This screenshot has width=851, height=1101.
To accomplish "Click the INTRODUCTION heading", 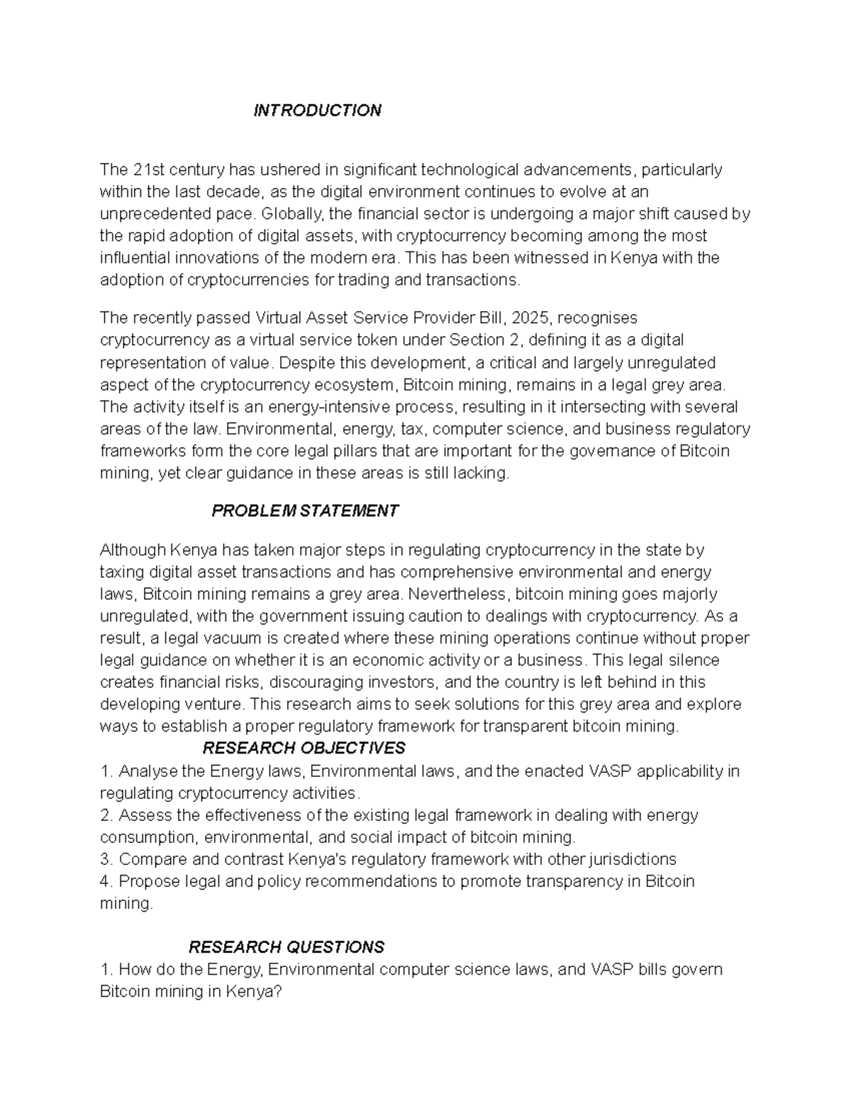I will click(317, 111).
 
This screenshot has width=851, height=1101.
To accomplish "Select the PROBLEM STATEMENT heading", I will click(305, 511).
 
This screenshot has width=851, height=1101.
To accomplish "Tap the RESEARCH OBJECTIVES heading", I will click(304, 748).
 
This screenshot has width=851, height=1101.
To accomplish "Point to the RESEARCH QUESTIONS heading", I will click(286, 947).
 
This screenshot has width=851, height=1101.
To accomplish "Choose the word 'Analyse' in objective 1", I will click(148, 771).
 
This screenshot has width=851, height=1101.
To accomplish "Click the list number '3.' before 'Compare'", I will click(106, 859).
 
